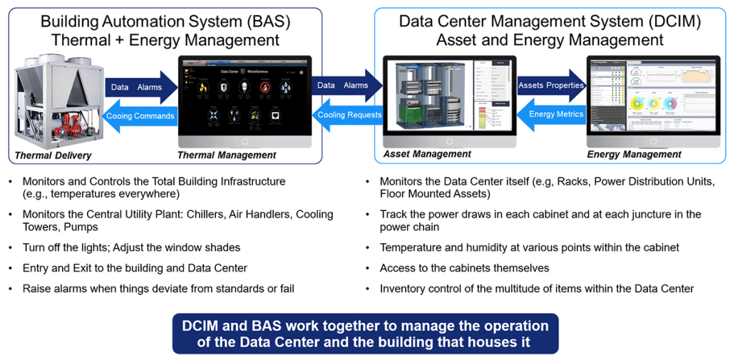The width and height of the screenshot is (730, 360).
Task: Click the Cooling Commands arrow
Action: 140,116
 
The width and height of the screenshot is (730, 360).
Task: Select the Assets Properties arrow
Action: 550,86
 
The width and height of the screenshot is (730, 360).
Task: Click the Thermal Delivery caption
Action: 54,155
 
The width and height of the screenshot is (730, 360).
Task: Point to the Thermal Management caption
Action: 226,155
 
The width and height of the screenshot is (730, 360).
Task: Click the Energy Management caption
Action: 634,154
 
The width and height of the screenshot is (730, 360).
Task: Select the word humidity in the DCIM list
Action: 470,247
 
